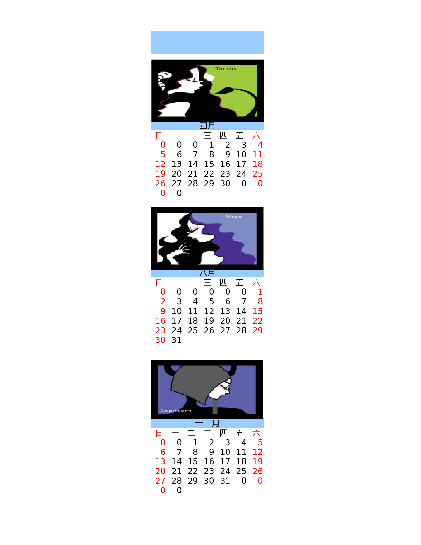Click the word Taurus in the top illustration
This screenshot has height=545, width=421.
[x=226, y=69]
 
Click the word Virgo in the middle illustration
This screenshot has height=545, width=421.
[x=234, y=217]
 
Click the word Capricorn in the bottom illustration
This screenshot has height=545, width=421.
[x=176, y=411]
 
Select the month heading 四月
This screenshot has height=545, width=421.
[x=207, y=126]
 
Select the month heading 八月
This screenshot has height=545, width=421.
[x=207, y=273]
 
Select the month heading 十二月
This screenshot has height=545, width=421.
[x=207, y=423]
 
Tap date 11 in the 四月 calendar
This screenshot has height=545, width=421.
[x=257, y=154]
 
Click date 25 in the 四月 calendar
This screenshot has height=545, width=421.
[x=257, y=174]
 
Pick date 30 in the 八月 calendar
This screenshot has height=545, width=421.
[x=160, y=340]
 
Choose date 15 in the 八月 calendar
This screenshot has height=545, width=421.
[x=257, y=311]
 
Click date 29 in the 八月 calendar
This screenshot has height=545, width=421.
[x=257, y=330]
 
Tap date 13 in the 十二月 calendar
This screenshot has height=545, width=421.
[x=160, y=461]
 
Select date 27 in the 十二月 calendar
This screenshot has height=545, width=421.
[x=160, y=481]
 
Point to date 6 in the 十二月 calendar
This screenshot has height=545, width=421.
[x=163, y=452]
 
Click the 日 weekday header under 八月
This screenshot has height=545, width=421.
[x=159, y=283]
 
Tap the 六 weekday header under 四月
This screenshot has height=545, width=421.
[x=256, y=135]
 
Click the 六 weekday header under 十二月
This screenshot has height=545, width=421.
[x=256, y=433]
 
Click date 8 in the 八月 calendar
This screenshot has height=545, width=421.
[x=260, y=301]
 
